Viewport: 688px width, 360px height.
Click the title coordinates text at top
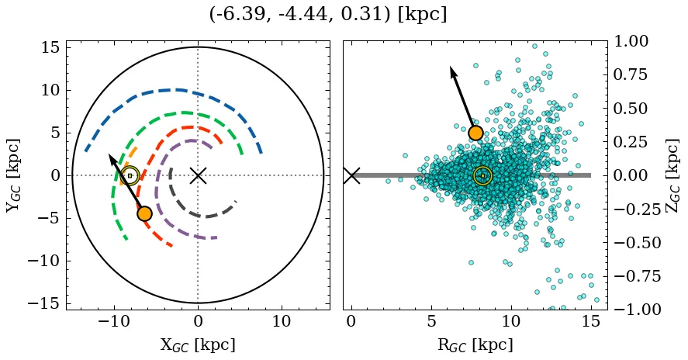(327, 15)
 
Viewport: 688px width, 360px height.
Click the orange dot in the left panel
(144, 213)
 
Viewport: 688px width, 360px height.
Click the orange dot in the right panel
(475, 133)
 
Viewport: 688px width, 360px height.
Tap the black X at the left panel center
(198, 175)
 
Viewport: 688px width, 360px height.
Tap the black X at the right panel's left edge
(351, 175)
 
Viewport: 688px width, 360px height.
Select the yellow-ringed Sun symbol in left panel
(130, 175)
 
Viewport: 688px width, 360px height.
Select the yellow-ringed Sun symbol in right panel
(482, 175)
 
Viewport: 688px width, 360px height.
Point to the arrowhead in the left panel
(111, 157)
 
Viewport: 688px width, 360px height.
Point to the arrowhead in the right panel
(453, 71)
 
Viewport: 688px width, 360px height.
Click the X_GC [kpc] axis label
(198, 344)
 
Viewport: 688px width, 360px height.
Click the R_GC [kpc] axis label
(475, 344)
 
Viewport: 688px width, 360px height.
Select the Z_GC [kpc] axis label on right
(672, 175)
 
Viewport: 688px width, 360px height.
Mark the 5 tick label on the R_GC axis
(431, 321)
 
